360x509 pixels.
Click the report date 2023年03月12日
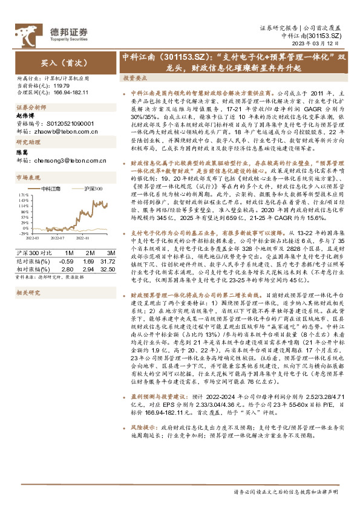point(321,44)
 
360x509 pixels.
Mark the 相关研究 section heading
point(27,293)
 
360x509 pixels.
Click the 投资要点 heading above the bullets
point(136,79)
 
